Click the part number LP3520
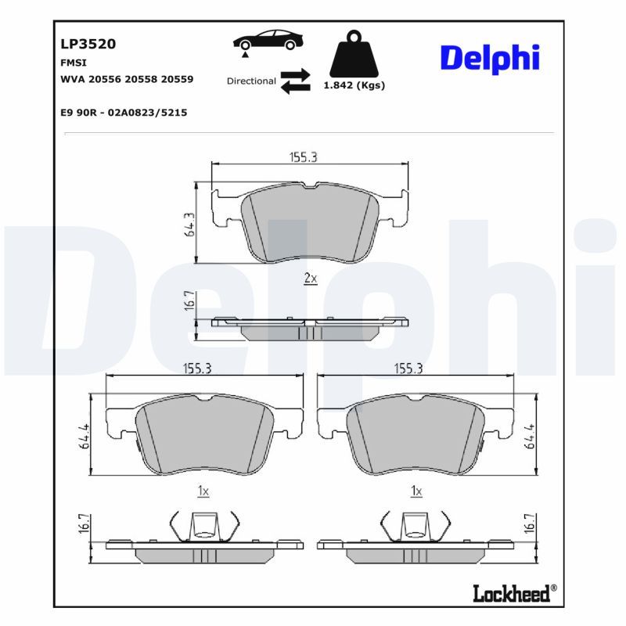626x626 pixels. [88, 45]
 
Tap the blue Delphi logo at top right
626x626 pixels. [489, 59]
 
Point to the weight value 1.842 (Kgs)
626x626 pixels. [354, 86]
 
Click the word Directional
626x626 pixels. [251, 81]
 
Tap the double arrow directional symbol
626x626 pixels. [296, 81]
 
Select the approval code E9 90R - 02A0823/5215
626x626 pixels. [124, 113]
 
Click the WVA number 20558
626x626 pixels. [144, 80]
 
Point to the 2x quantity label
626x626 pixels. [310, 279]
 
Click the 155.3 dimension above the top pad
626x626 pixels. [303, 157]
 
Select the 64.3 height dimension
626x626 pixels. [188, 224]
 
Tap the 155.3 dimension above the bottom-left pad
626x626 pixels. [197, 369]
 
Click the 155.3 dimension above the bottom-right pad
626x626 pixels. [408, 369]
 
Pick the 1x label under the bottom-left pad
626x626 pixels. [203, 491]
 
